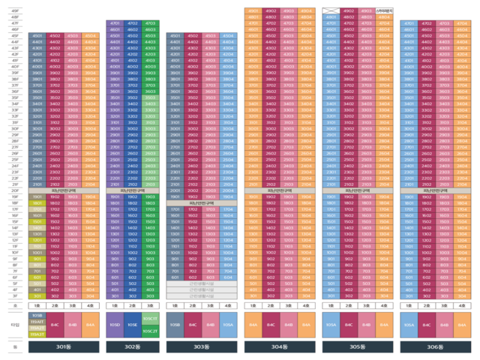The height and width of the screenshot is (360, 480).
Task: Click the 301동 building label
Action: (x=64, y=346)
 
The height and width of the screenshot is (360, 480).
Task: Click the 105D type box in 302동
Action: (x=115, y=324)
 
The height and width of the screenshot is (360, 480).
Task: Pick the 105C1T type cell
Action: (x=150, y=319)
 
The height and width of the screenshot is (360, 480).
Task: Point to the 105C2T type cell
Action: (x=150, y=330)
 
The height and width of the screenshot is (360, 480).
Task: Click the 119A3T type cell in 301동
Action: (x=37, y=333)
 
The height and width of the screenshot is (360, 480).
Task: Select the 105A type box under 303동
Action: (x=229, y=324)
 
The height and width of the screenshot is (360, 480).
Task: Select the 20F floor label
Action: (x=15, y=190)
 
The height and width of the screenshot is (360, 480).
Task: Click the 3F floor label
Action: (x=15, y=295)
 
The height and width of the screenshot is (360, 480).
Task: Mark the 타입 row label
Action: (x=15, y=324)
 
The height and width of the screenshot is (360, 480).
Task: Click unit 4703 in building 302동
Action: (x=151, y=24)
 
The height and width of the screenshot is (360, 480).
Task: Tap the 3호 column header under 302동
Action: (x=151, y=306)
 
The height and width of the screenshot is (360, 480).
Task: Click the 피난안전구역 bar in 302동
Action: (x=133, y=190)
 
